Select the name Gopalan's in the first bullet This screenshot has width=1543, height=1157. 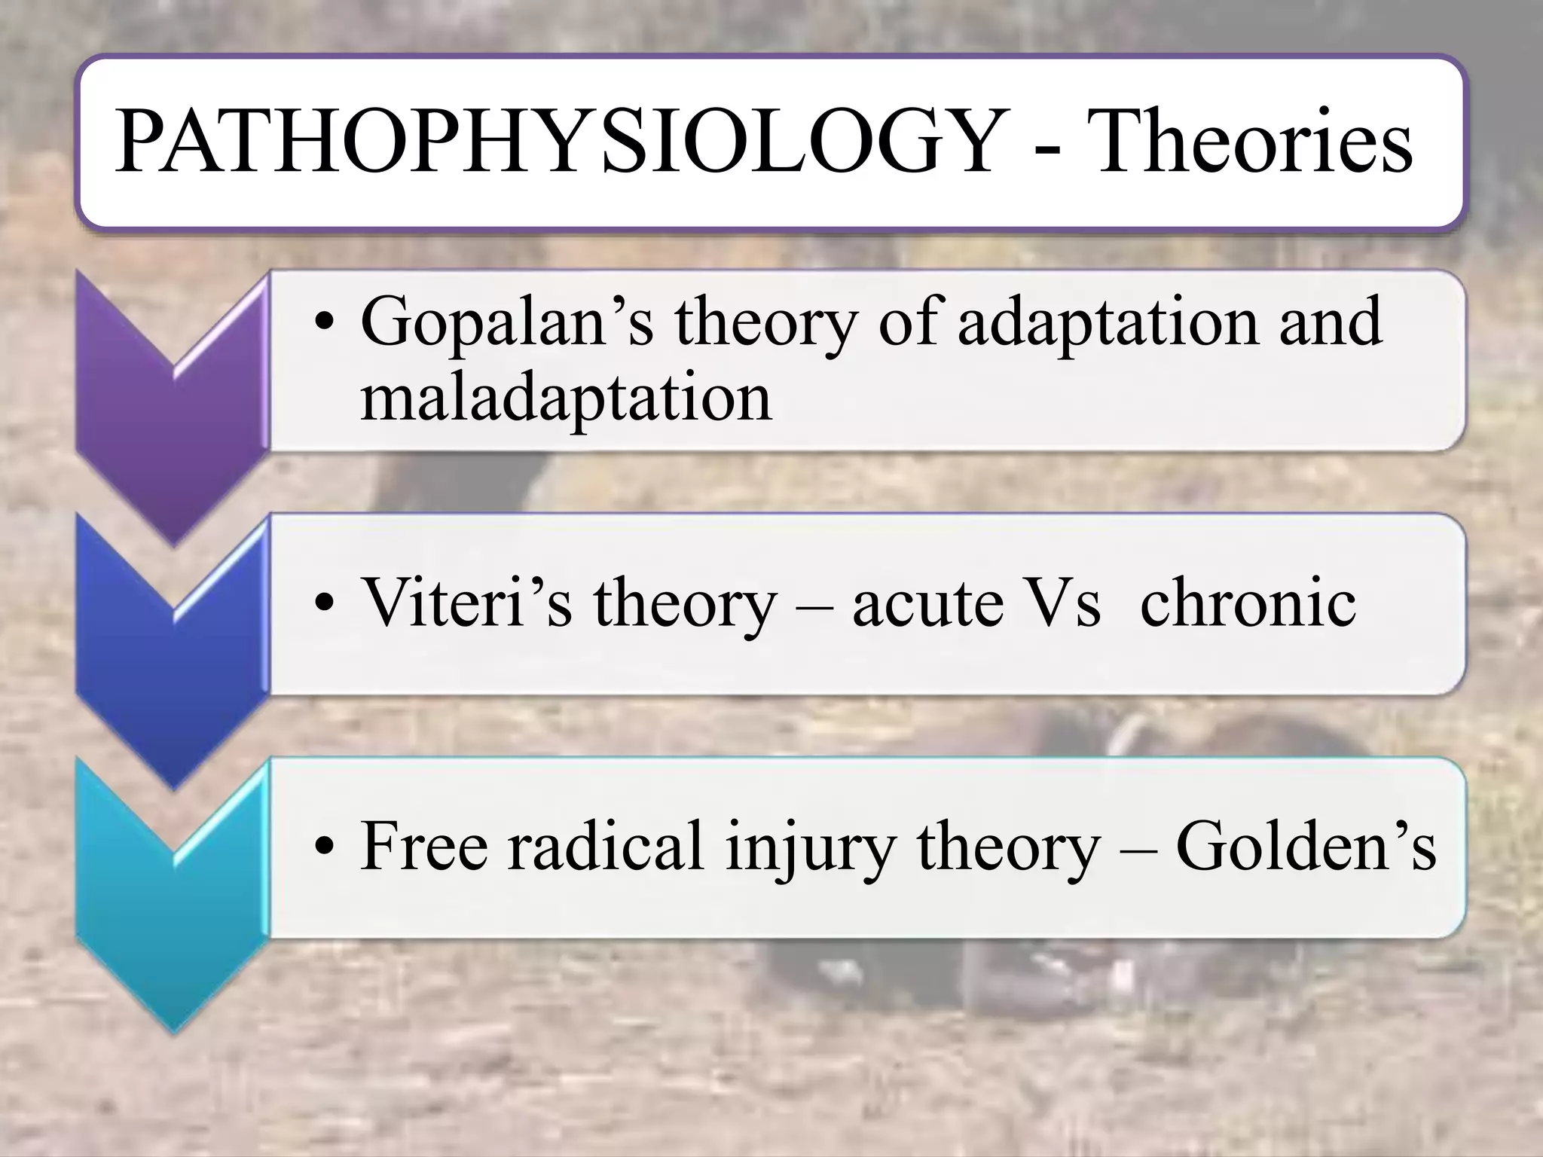[506, 322]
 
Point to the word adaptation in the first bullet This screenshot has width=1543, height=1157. [1107, 322]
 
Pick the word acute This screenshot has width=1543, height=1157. [927, 604]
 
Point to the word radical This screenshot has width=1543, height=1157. [606, 846]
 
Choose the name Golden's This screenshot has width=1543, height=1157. [1306, 846]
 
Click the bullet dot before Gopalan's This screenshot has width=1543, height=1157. [324, 325]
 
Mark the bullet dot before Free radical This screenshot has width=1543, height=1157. [324, 849]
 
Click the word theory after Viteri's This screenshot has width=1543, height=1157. [683, 605]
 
